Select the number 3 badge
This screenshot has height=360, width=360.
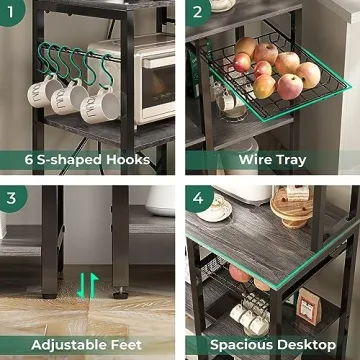point(12,197)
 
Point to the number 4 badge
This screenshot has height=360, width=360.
point(197,197)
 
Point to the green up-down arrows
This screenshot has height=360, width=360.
point(88,285)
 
